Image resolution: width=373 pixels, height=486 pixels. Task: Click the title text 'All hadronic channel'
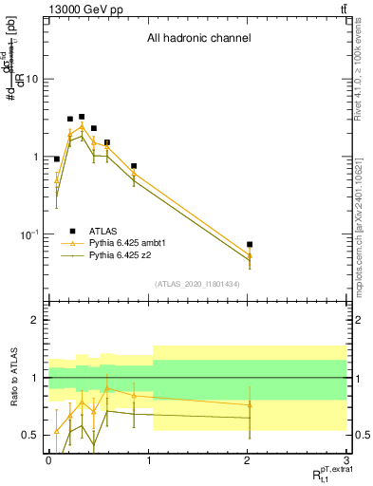pos(198,39)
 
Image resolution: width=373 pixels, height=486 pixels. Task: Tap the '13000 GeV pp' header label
pos(83,9)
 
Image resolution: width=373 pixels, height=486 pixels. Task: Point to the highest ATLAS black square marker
pos(82,117)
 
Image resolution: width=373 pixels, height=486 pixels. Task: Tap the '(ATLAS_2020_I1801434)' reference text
pos(196,284)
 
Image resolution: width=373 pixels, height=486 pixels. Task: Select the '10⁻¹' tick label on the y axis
pos(29,234)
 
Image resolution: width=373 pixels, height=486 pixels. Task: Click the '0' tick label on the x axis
pos(48,458)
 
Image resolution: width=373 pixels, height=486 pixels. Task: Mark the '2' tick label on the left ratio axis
pos(35,321)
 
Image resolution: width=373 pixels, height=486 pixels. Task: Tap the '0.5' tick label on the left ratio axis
pos(31,435)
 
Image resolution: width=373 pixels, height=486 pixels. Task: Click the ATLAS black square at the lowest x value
pos(57,159)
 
